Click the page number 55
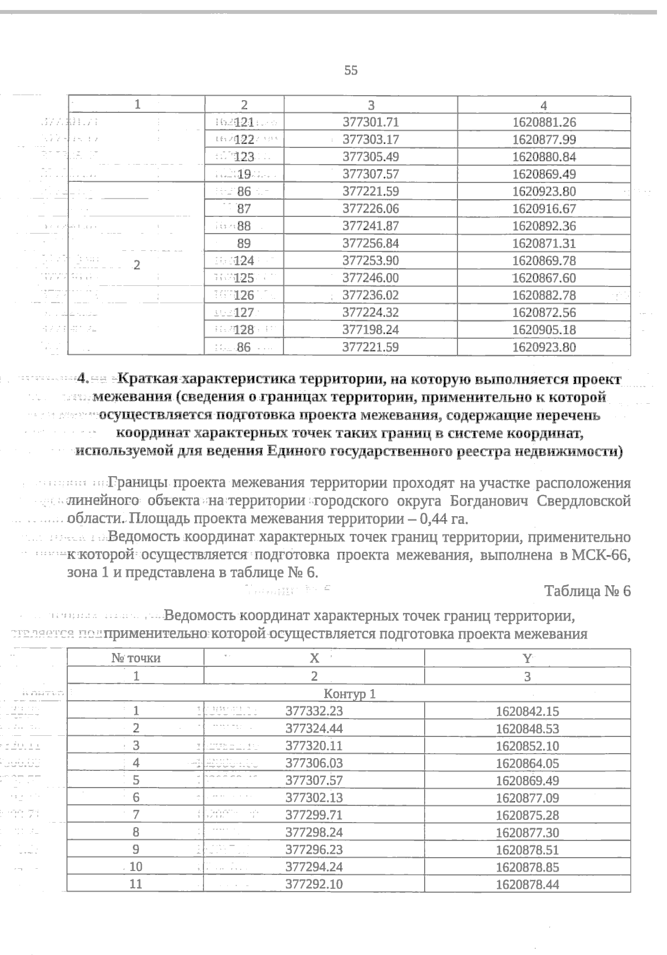[351, 71]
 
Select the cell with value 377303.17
[371, 140]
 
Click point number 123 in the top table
[244, 157]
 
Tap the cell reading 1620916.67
[544, 209]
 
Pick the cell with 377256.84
[371, 244]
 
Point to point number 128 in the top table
[244, 330]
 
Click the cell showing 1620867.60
[544, 278]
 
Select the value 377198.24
[371, 330]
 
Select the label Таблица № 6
[588, 591]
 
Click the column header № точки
[136, 659]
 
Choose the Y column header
[527, 659]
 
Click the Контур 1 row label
[350, 694]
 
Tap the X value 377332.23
[314, 711]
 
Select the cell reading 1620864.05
[527, 764]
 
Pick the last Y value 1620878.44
[527, 885]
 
